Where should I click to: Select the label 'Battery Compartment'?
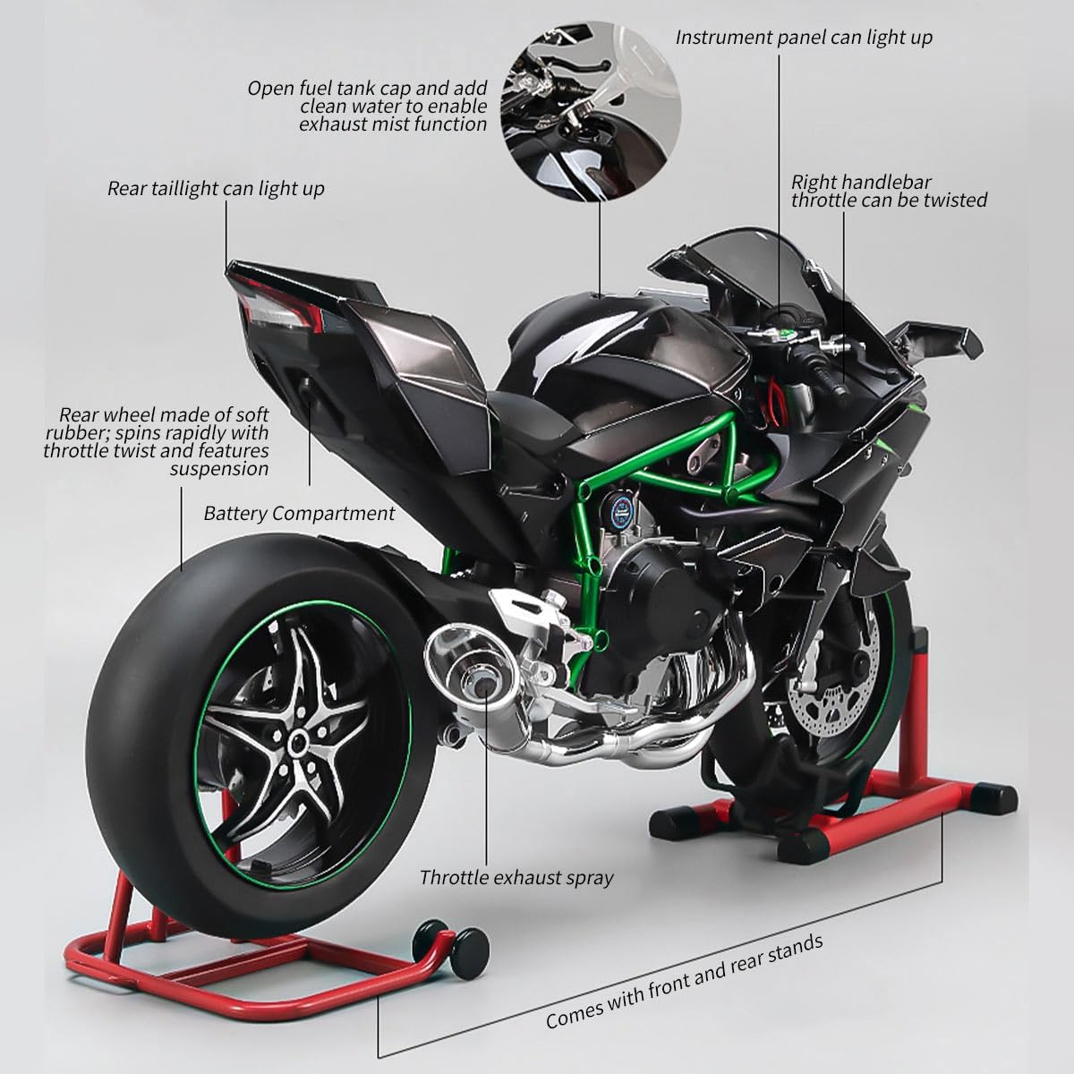(x=299, y=514)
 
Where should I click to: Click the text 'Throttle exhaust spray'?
(x=516, y=877)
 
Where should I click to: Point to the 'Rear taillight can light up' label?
(x=216, y=188)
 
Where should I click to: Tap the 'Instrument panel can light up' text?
(x=804, y=38)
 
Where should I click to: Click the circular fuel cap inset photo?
(x=591, y=112)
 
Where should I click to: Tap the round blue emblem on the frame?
(x=623, y=510)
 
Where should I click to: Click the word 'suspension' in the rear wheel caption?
(x=219, y=469)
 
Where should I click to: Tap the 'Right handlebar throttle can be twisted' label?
(x=889, y=192)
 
